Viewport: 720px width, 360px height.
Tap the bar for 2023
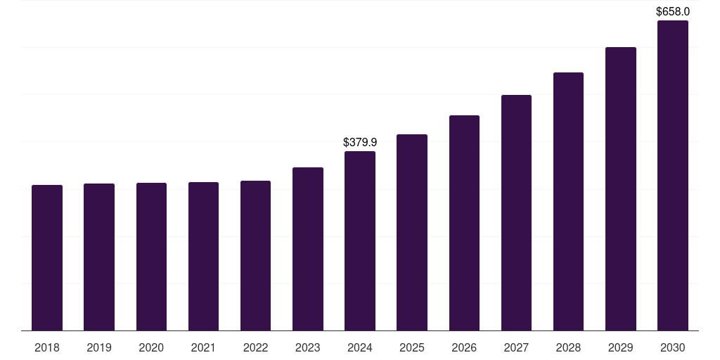point(308,249)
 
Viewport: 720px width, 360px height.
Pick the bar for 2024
point(360,240)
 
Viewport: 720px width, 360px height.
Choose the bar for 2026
point(464,223)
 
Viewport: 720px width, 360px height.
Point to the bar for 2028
point(568,201)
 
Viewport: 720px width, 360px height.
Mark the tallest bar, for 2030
point(673,175)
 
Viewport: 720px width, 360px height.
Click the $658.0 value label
point(673,11)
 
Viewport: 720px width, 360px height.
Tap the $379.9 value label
point(360,142)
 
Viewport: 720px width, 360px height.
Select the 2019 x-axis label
point(99,347)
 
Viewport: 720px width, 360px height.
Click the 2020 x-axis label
point(151,347)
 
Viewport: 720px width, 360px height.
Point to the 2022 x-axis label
point(255,347)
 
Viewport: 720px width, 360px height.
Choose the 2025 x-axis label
point(412,347)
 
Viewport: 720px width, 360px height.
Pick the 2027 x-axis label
point(516,347)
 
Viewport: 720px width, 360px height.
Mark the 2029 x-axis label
point(621,347)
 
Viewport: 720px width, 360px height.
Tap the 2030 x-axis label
point(673,347)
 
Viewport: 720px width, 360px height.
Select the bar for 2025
point(412,232)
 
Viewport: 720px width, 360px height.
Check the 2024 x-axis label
point(360,347)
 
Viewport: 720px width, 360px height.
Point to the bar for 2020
point(151,257)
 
